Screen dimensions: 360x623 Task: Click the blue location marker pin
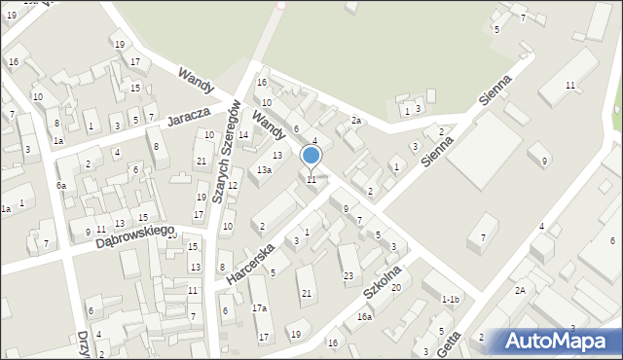[x=311, y=157]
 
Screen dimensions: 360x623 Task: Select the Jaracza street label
[x=189, y=116]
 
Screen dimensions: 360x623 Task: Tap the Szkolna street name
[x=383, y=278]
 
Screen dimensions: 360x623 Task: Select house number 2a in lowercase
[x=357, y=121]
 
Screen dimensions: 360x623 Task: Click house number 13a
[x=264, y=170]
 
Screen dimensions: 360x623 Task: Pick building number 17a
[x=259, y=308]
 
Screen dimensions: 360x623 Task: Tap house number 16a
[x=364, y=317]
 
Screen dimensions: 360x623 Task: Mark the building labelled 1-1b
[x=450, y=300]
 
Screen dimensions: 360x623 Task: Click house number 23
[x=348, y=276]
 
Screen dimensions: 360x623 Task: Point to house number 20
[x=396, y=287]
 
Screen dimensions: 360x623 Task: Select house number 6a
[x=60, y=186]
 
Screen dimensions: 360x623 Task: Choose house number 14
[x=243, y=135]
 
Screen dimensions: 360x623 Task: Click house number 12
[x=234, y=186]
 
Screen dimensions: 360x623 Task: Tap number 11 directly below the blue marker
[x=311, y=180]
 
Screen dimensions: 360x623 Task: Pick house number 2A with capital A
[x=521, y=291]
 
